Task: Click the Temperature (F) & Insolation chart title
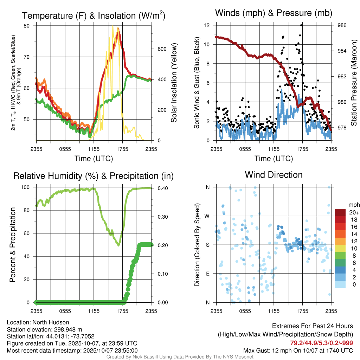click(x=94, y=16)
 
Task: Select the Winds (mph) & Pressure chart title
click(x=274, y=13)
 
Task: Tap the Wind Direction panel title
click(x=274, y=175)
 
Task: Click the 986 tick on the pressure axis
click(x=342, y=25)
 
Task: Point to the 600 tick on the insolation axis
click(x=161, y=49)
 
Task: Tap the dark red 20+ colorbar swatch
click(x=340, y=212)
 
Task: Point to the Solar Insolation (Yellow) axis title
click(x=174, y=83)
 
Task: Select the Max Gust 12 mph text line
click(x=298, y=351)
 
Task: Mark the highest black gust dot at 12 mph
click(x=301, y=25)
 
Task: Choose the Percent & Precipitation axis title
click(x=12, y=245)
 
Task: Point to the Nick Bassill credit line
click(x=180, y=357)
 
